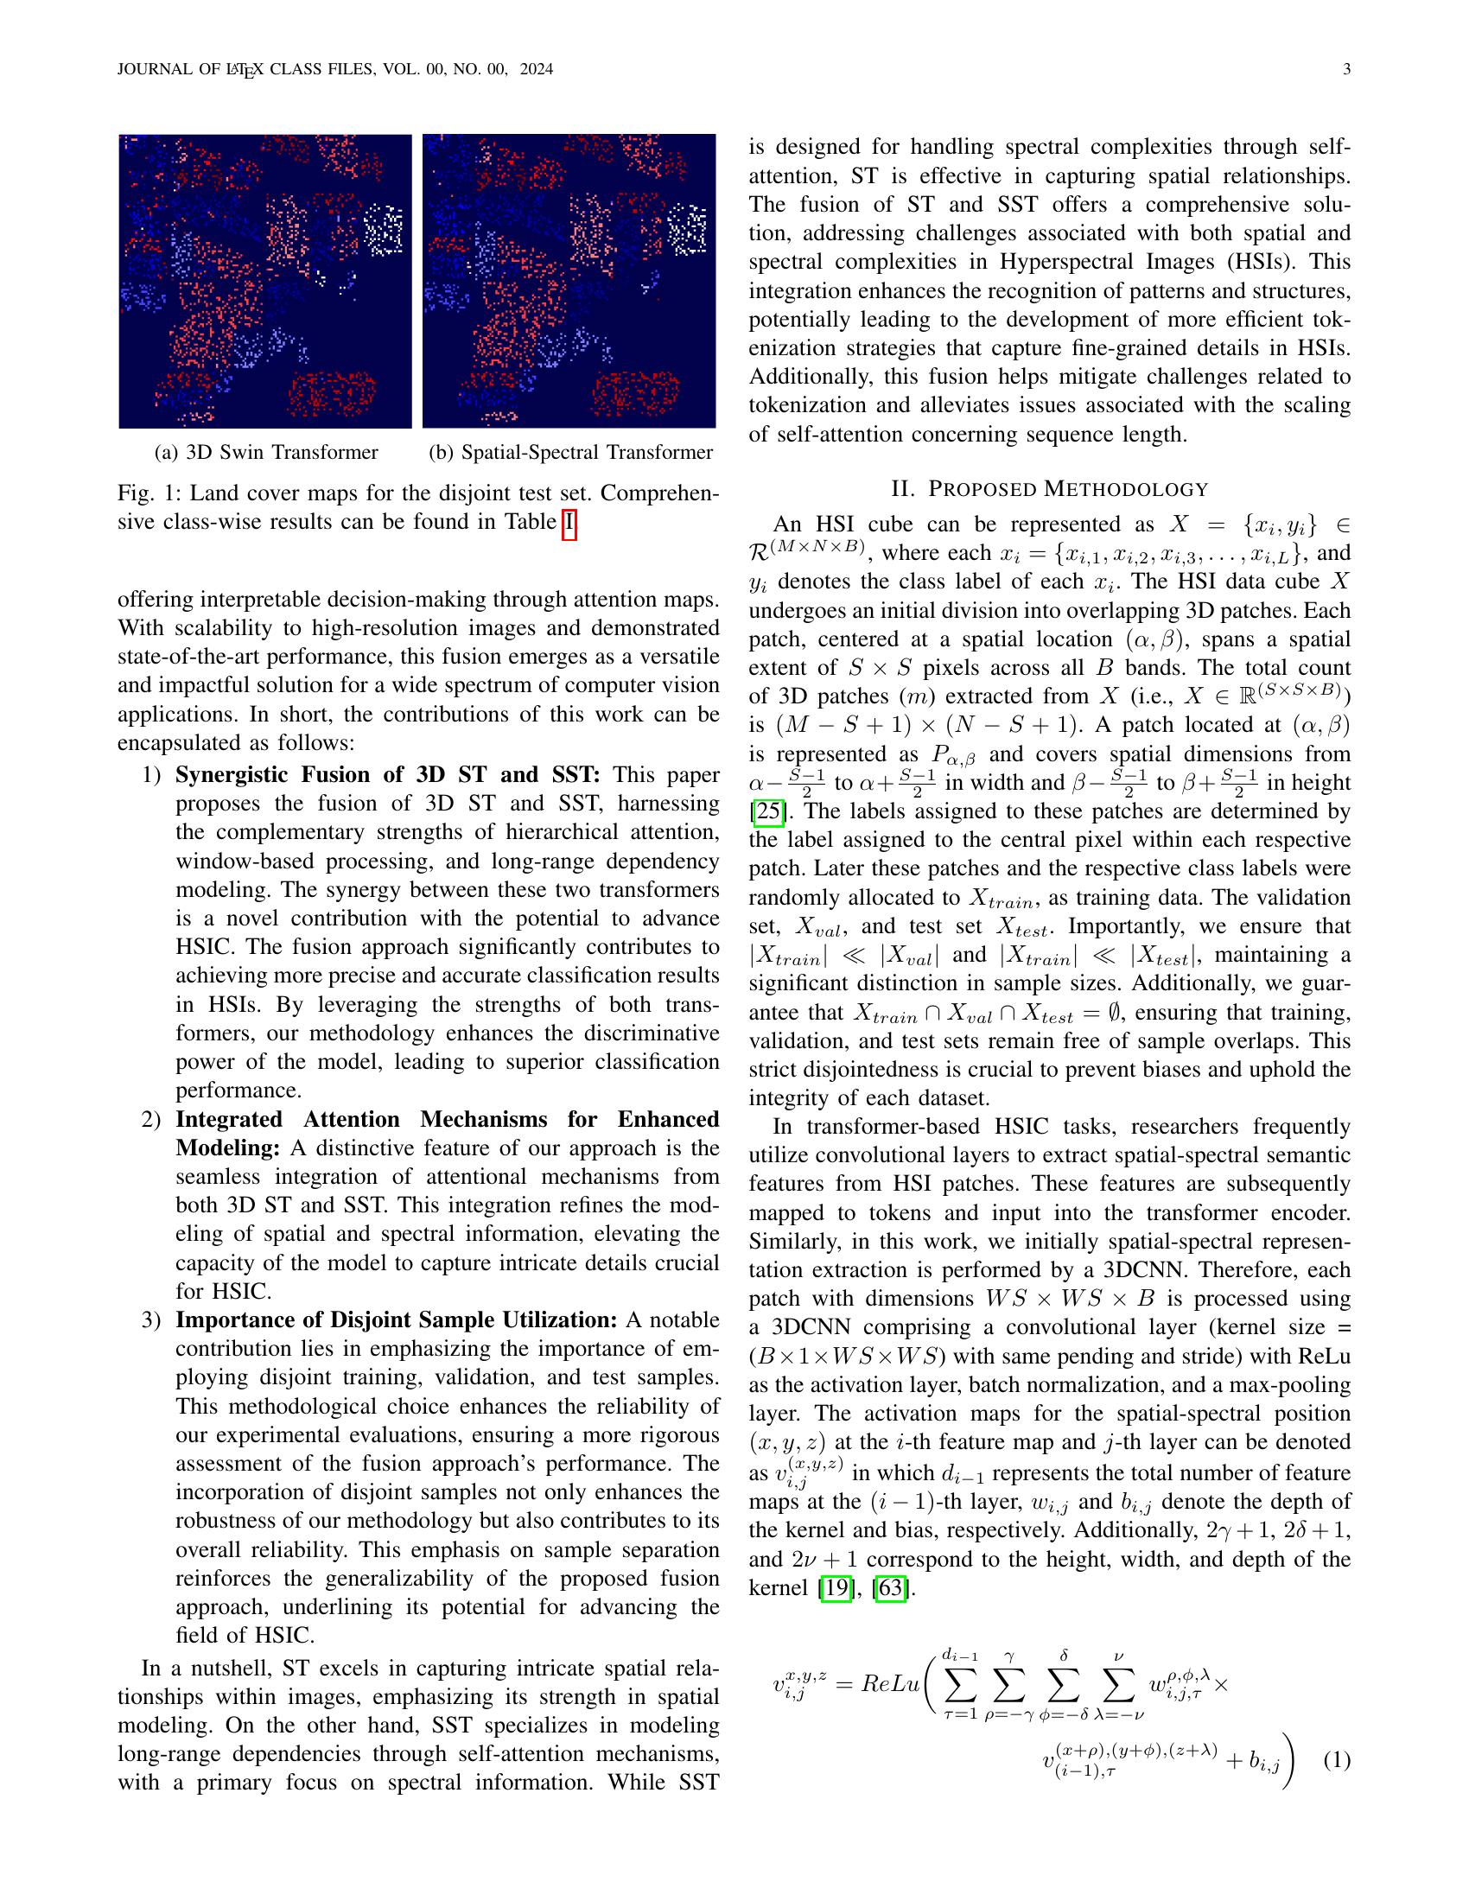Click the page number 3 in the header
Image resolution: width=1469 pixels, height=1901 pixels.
click(x=1346, y=70)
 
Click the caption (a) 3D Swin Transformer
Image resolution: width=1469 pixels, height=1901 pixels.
click(x=265, y=453)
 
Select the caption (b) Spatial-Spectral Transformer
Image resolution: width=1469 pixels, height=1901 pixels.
click(x=570, y=453)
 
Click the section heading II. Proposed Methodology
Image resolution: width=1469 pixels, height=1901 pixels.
click(x=1050, y=488)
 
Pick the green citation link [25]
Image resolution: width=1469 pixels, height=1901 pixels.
click(x=766, y=812)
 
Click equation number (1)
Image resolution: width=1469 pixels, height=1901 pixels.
click(x=1336, y=1760)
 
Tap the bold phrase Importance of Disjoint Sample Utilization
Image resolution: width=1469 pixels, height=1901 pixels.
click(x=396, y=1320)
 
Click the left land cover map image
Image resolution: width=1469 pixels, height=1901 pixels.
click(x=265, y=281)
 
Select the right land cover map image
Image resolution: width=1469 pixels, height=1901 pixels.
click(x=569, y=281)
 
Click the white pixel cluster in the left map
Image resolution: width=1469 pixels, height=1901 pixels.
click(x=383, y=228)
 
